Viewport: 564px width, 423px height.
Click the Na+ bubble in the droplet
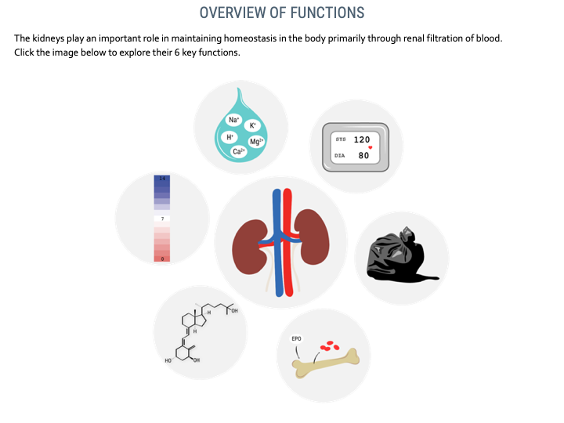pyautogui.click(x=233, y=120)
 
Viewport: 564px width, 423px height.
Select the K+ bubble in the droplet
pyautogui.click(x=252, y=125)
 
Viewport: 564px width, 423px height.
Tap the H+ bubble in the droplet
pyautogui.click(x=230, y=137)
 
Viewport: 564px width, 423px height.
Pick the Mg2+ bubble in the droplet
pyautogui.click(x=256, y=141)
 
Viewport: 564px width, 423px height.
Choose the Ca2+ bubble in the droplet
pyautogui.click(x=239, y=151)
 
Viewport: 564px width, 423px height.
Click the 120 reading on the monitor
pyautogui.click(x=361, y=139)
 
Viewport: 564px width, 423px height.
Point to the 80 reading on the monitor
pyautogui.click(x=363, y=155)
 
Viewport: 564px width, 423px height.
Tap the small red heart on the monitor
pyautogui.click(x=370, y=147)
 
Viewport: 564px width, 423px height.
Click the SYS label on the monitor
pyautogui.click(x=341, y=139)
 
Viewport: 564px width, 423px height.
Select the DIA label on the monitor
pyautogui.click(x=339, y=156)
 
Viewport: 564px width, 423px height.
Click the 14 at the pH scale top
pyautogui.click(x=162, y=179)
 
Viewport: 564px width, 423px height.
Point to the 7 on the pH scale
pyautogui.click(x=163, y=219)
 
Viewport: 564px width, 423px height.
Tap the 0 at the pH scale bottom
pyautogui.click(x=163, y=259)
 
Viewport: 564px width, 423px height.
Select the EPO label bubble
pyautogui.click(x=296, y=339)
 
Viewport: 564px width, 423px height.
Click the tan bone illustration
pyautogui.click(x=326, y=363)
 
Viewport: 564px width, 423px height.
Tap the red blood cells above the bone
pyautogui.click(x=330, y=345)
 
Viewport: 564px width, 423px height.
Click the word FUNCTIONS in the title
pyautogui.click(x=327, y=13)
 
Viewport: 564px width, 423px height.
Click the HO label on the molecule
pyautogui.click(x=168, y=360)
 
